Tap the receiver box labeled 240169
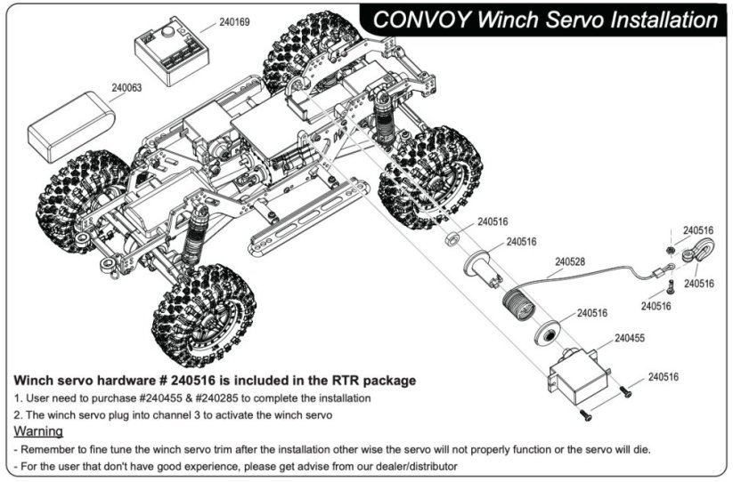(x=171, y=54)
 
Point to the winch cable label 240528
(x=570, y=261)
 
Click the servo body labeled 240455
(x=576, y=377)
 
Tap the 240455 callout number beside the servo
(x=630, y=338)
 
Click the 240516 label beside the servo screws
(x=663, y=377)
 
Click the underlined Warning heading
(x=38, y=431)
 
